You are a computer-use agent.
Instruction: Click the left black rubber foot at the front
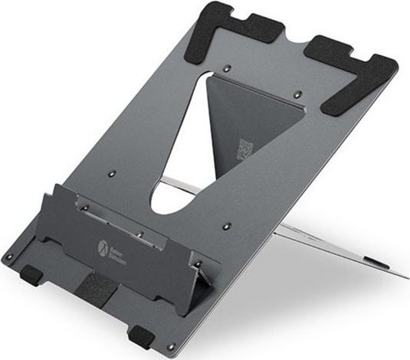[28, 273]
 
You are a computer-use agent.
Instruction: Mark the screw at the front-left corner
[8, 256]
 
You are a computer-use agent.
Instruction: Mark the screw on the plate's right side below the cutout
[228, 227]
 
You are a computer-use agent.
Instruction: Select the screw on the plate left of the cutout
[110, 175]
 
